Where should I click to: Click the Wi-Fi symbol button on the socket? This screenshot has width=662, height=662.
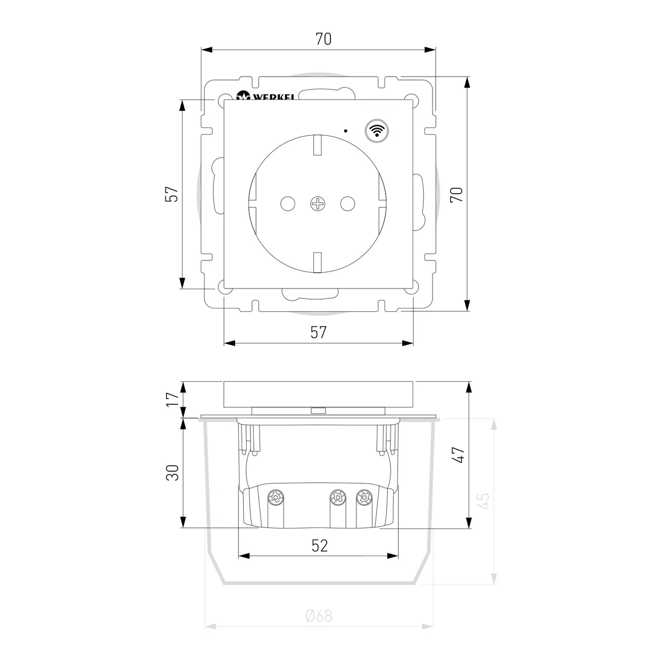(x=377, y=131)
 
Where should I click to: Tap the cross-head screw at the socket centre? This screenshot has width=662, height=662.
(x=318, y=204)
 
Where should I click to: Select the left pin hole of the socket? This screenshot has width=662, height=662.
(x=287, y=204)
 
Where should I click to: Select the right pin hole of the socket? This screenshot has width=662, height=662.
(x=348, y=204)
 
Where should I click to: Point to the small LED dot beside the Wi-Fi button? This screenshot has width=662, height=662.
(x=345, y=131)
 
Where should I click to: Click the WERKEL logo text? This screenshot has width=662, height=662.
(x=274, y=97)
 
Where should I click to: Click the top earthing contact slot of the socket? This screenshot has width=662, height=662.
(x=317, y=145)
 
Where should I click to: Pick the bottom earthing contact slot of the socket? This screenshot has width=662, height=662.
(x=317, y=263)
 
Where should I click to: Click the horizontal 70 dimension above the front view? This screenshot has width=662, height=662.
(x=323, y=39)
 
